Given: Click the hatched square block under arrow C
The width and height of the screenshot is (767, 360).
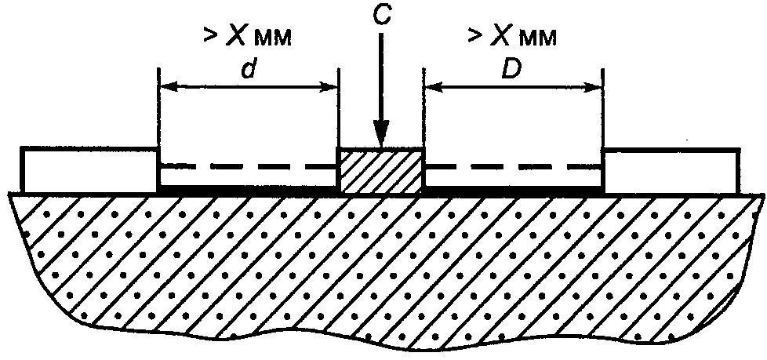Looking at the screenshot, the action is click(380, 169).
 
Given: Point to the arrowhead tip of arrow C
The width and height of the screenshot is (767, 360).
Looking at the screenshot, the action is click(382, 146).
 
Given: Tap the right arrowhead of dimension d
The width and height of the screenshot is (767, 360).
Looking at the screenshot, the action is click(329, 87).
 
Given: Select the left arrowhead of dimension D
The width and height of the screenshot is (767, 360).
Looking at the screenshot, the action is click(434, 87).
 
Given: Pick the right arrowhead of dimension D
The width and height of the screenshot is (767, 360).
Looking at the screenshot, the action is click(594, 87).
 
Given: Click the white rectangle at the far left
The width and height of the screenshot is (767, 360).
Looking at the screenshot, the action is click(89, 169).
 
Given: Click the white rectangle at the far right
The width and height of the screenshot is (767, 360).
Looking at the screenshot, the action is click(672, 170).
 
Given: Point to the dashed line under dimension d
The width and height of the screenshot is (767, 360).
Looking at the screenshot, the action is click(248, 166).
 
